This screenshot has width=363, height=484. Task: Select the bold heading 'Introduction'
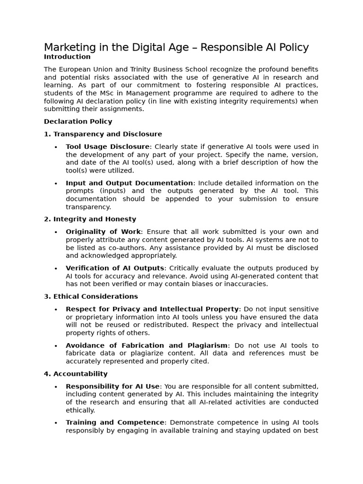click(x=67, y=57)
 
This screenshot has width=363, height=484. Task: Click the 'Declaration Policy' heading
click(x=78, y=121)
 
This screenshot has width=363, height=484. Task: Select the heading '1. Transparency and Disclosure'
click(x=103, y=134)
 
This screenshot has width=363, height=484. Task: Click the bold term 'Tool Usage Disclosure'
click(x=107, y=147)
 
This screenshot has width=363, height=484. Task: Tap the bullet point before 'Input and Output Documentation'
click(x=56, y=183)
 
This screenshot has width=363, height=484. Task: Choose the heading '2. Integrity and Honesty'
click(x=90, y=219)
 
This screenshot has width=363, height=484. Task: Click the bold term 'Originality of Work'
click(x=103, y=232)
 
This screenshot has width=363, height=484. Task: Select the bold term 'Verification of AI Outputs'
click(x=115, y=268)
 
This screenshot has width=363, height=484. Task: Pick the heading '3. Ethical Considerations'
click(x=91, y=296)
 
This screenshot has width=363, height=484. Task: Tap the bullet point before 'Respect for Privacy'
click(x=56, y=310)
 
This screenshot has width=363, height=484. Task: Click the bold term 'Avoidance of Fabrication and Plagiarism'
click(x=147, y=346)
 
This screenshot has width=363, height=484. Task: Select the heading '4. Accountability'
click(x=76, y=374)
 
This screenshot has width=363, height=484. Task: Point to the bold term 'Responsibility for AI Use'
click(x=112, y=387)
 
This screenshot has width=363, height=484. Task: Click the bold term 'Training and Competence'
click(x=115, y=423)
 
